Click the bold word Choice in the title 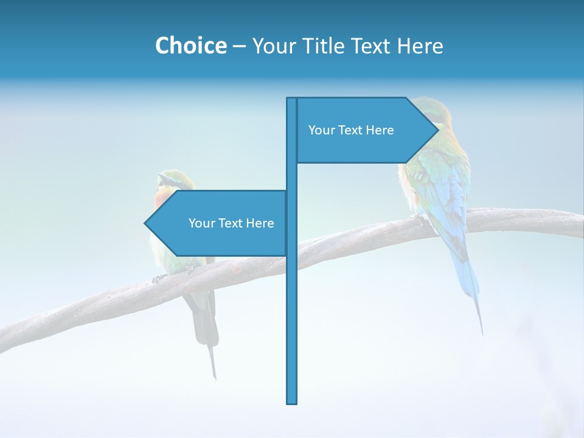[190, 46]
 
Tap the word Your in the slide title [274, 46]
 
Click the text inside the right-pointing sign [351, 130]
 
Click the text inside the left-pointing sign [231, 223]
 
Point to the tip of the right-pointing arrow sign [438, 130]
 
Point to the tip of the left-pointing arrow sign [145, 223]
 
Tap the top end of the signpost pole [292, 99]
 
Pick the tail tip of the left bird [214, 377]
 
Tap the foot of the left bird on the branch [159, 278]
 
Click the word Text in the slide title [372, 46]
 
